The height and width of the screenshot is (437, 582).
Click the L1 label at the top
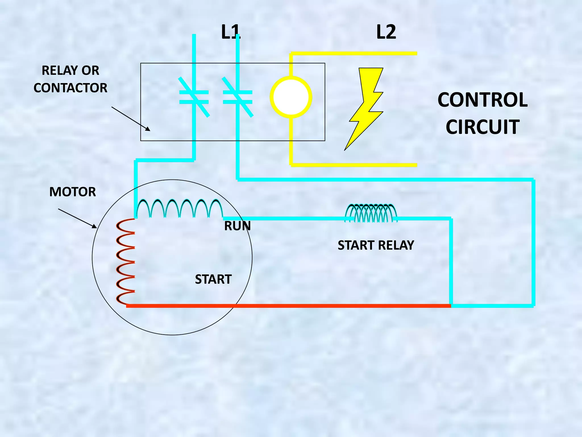tap(230, 32)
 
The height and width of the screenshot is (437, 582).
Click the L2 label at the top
tap(386, 32)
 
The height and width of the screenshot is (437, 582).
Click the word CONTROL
tap(482, 100)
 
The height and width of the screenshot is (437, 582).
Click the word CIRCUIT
tap(482, 127)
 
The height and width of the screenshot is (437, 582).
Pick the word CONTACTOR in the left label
tap(70, 88)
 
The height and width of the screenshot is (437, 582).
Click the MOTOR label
tap(72, 192)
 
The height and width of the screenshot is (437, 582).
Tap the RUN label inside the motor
tap(237, 226)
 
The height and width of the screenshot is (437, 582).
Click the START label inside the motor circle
tap(213, 279)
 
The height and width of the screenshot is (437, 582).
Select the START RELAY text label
tap(376, 245)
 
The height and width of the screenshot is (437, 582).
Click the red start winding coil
tap(125, 262)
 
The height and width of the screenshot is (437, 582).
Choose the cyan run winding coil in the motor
tap(180, 208)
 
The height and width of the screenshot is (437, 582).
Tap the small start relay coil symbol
tap(371, 213)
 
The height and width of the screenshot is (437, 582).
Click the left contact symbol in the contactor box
tap(194, 97)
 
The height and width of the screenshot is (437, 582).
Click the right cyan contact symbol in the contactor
tap(238, 97)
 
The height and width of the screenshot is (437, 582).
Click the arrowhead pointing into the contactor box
tap(149, 130)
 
